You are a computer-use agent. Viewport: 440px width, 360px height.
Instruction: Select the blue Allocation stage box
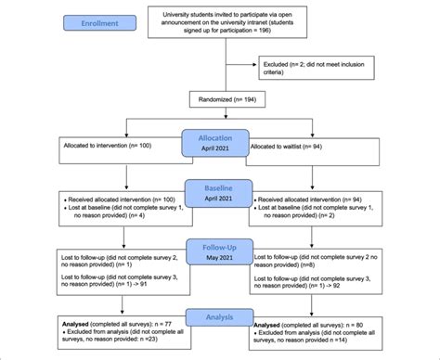(x=219, y=140)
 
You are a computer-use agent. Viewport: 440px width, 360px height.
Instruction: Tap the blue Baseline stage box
(x=219, y=193)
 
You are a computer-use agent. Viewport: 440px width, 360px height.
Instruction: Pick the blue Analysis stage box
(x=219, y=317)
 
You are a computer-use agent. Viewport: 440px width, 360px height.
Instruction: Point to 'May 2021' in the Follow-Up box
(x=219, y=258)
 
